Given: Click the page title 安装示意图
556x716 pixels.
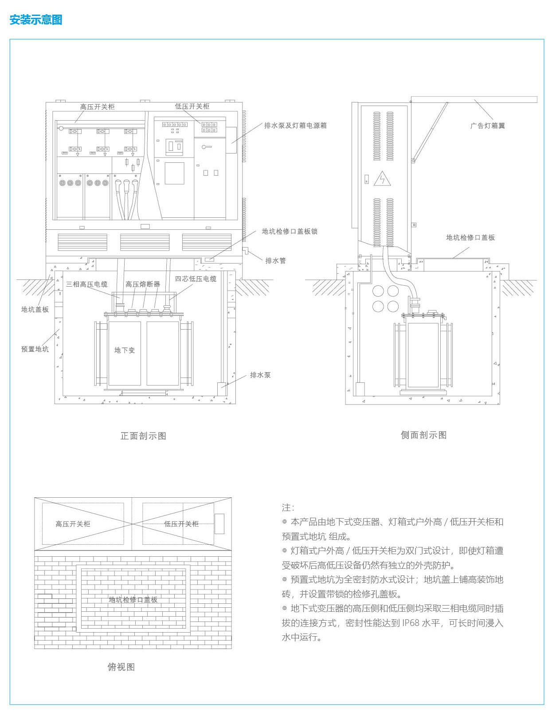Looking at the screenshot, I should pos(36,20).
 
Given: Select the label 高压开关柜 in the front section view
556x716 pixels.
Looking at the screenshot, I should pos(97,107).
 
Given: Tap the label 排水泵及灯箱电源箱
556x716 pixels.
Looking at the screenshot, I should pos(295,126).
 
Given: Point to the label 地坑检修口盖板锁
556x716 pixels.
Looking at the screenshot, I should pos(290,232).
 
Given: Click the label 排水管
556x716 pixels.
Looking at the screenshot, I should pos(275,261).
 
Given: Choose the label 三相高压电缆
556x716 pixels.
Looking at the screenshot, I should pos(87,284).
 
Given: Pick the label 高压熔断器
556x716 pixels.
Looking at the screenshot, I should pos(143,284).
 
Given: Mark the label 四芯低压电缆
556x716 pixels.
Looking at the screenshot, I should pos(196,279).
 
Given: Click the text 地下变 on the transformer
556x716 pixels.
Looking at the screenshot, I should pos(125,350).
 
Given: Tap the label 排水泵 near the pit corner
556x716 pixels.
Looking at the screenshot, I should pos(260,375).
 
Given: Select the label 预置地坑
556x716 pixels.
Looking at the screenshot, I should pos(35,349).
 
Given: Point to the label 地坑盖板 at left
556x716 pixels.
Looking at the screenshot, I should pos(35,310).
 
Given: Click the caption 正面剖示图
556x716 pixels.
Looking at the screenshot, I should pos(143,436).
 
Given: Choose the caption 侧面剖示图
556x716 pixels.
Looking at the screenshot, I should pos(423,435).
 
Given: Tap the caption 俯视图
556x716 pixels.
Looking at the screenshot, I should pos(121,667).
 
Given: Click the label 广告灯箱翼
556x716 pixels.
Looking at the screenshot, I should pos(487,126).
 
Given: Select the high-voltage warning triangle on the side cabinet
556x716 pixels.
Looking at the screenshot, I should pos(382,179).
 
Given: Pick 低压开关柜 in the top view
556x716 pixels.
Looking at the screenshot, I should pos(181,524).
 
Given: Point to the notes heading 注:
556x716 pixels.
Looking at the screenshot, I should pos(288,507).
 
